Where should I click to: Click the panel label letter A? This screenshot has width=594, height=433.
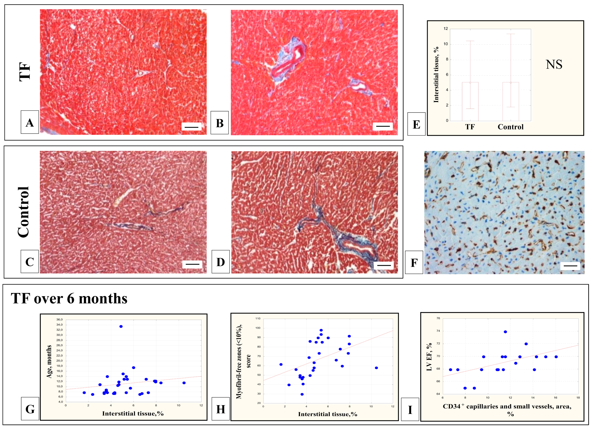tap(30, 122)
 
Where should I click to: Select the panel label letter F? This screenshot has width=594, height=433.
tap(414, 263)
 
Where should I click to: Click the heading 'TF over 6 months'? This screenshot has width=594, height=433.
tap(69, 299)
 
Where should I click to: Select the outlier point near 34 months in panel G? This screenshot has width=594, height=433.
tap(121, 326)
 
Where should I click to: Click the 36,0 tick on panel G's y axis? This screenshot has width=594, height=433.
tap(60, 320)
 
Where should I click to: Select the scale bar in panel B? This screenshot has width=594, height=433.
tap(383, 126)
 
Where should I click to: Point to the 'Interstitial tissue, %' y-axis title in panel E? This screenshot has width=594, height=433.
tap(436, 75)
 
